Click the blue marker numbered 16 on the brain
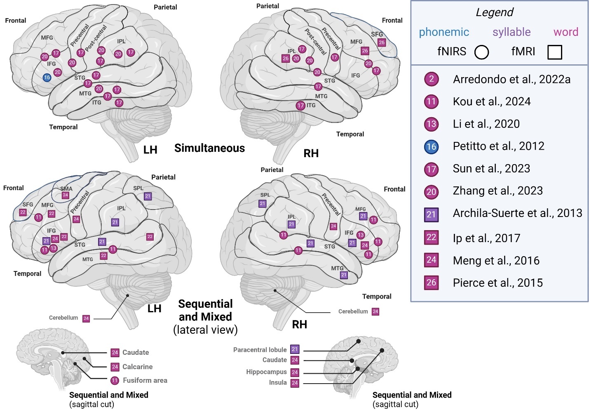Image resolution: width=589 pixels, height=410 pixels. click(x=47, y=77)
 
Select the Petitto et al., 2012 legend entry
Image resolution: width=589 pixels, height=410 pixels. click(x=498, y=146)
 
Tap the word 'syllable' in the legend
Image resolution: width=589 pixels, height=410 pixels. click(x=512, y=32)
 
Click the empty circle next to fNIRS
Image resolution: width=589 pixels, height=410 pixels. click(x=481, y=52)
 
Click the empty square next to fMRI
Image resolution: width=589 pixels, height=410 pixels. click(x=555, y=52)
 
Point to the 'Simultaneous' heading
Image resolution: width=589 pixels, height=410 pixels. click(x=209, y=148)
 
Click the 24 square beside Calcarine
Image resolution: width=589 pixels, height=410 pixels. click(x=115, y=367)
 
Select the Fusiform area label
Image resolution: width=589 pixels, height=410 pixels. click(x=145, y=380)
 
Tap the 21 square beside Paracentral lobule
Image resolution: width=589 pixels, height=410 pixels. click(x=294, y=349)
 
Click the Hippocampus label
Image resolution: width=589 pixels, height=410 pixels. click(x=266, y=372)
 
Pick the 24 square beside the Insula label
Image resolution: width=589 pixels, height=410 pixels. click(x=295, y=383)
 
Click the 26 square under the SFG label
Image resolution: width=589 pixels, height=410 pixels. click(x=382, y=42)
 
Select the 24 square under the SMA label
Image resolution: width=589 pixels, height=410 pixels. click(x=65, y=196)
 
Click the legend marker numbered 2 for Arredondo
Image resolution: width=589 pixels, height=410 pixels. click(x=432, y=79)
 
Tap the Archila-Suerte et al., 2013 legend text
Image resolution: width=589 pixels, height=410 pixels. click(x=517, y=213)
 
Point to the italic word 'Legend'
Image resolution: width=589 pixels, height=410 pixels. click(x=494, y=12)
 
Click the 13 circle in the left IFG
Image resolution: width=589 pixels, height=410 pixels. click(x=53, y=248)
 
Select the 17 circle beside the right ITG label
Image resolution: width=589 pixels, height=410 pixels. click(x=300, y=106)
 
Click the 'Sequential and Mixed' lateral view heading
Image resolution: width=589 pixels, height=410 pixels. click(x=205, y=311)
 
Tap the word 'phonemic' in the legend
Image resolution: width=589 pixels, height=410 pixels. click(x=444, y=32)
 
